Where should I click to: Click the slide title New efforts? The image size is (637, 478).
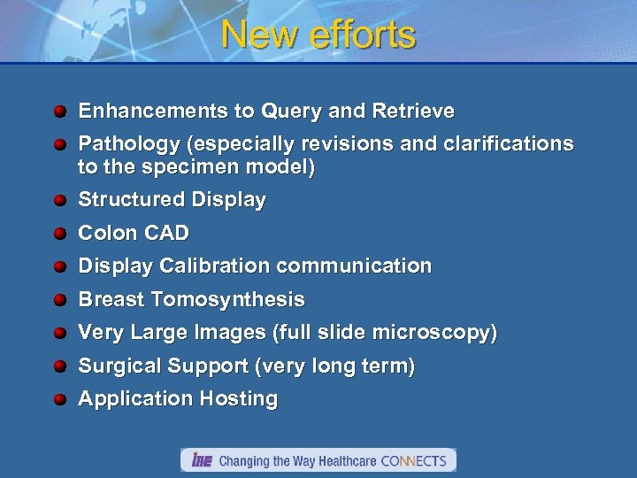tap(318, 35)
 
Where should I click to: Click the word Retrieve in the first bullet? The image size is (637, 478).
tap(414, 112)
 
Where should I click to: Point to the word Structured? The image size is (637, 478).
tap(125, 200)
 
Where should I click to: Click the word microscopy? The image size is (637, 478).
tap(439, 333)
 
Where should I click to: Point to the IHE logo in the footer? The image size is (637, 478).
tap(202, 460)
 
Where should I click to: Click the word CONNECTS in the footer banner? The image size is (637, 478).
tap(415, 460)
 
